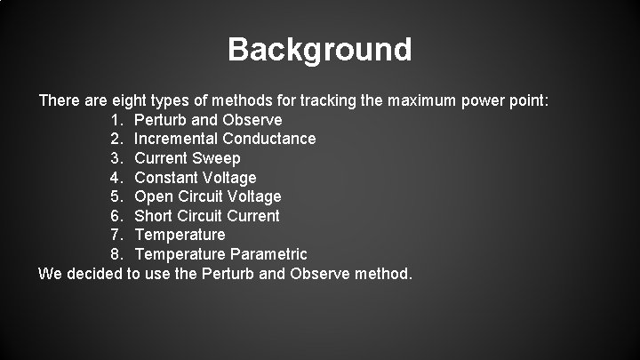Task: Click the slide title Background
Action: click(x=320, y=49)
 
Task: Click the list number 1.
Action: click(x=117, y=119)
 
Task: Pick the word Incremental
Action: click(x=176, y=139)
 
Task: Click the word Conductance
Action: click(x=269, y=139)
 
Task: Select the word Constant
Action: click(x=166, y=178)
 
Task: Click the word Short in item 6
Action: click(x=155, y=216)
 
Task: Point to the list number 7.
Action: click(x=117, y=235)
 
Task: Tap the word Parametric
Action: click(x=269, y=254)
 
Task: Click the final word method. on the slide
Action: click(x=382, y=273)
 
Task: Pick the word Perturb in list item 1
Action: click(x=161, y=119)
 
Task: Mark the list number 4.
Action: click(x=117, y=178)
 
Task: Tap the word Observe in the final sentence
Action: click(x=317, y=273)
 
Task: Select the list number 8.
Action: click(x=117, y=254)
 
